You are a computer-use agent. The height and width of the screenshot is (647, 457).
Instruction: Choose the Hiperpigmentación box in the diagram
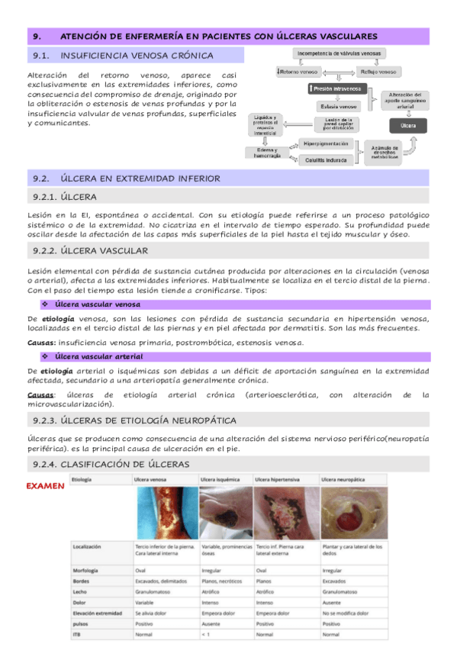(326, 143)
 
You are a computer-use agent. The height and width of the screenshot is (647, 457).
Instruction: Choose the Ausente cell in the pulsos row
(211, 623)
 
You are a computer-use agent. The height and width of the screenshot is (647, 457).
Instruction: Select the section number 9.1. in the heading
(41, 55)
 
